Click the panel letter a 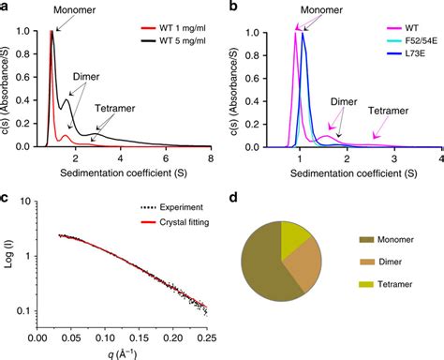click(8, 7)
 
